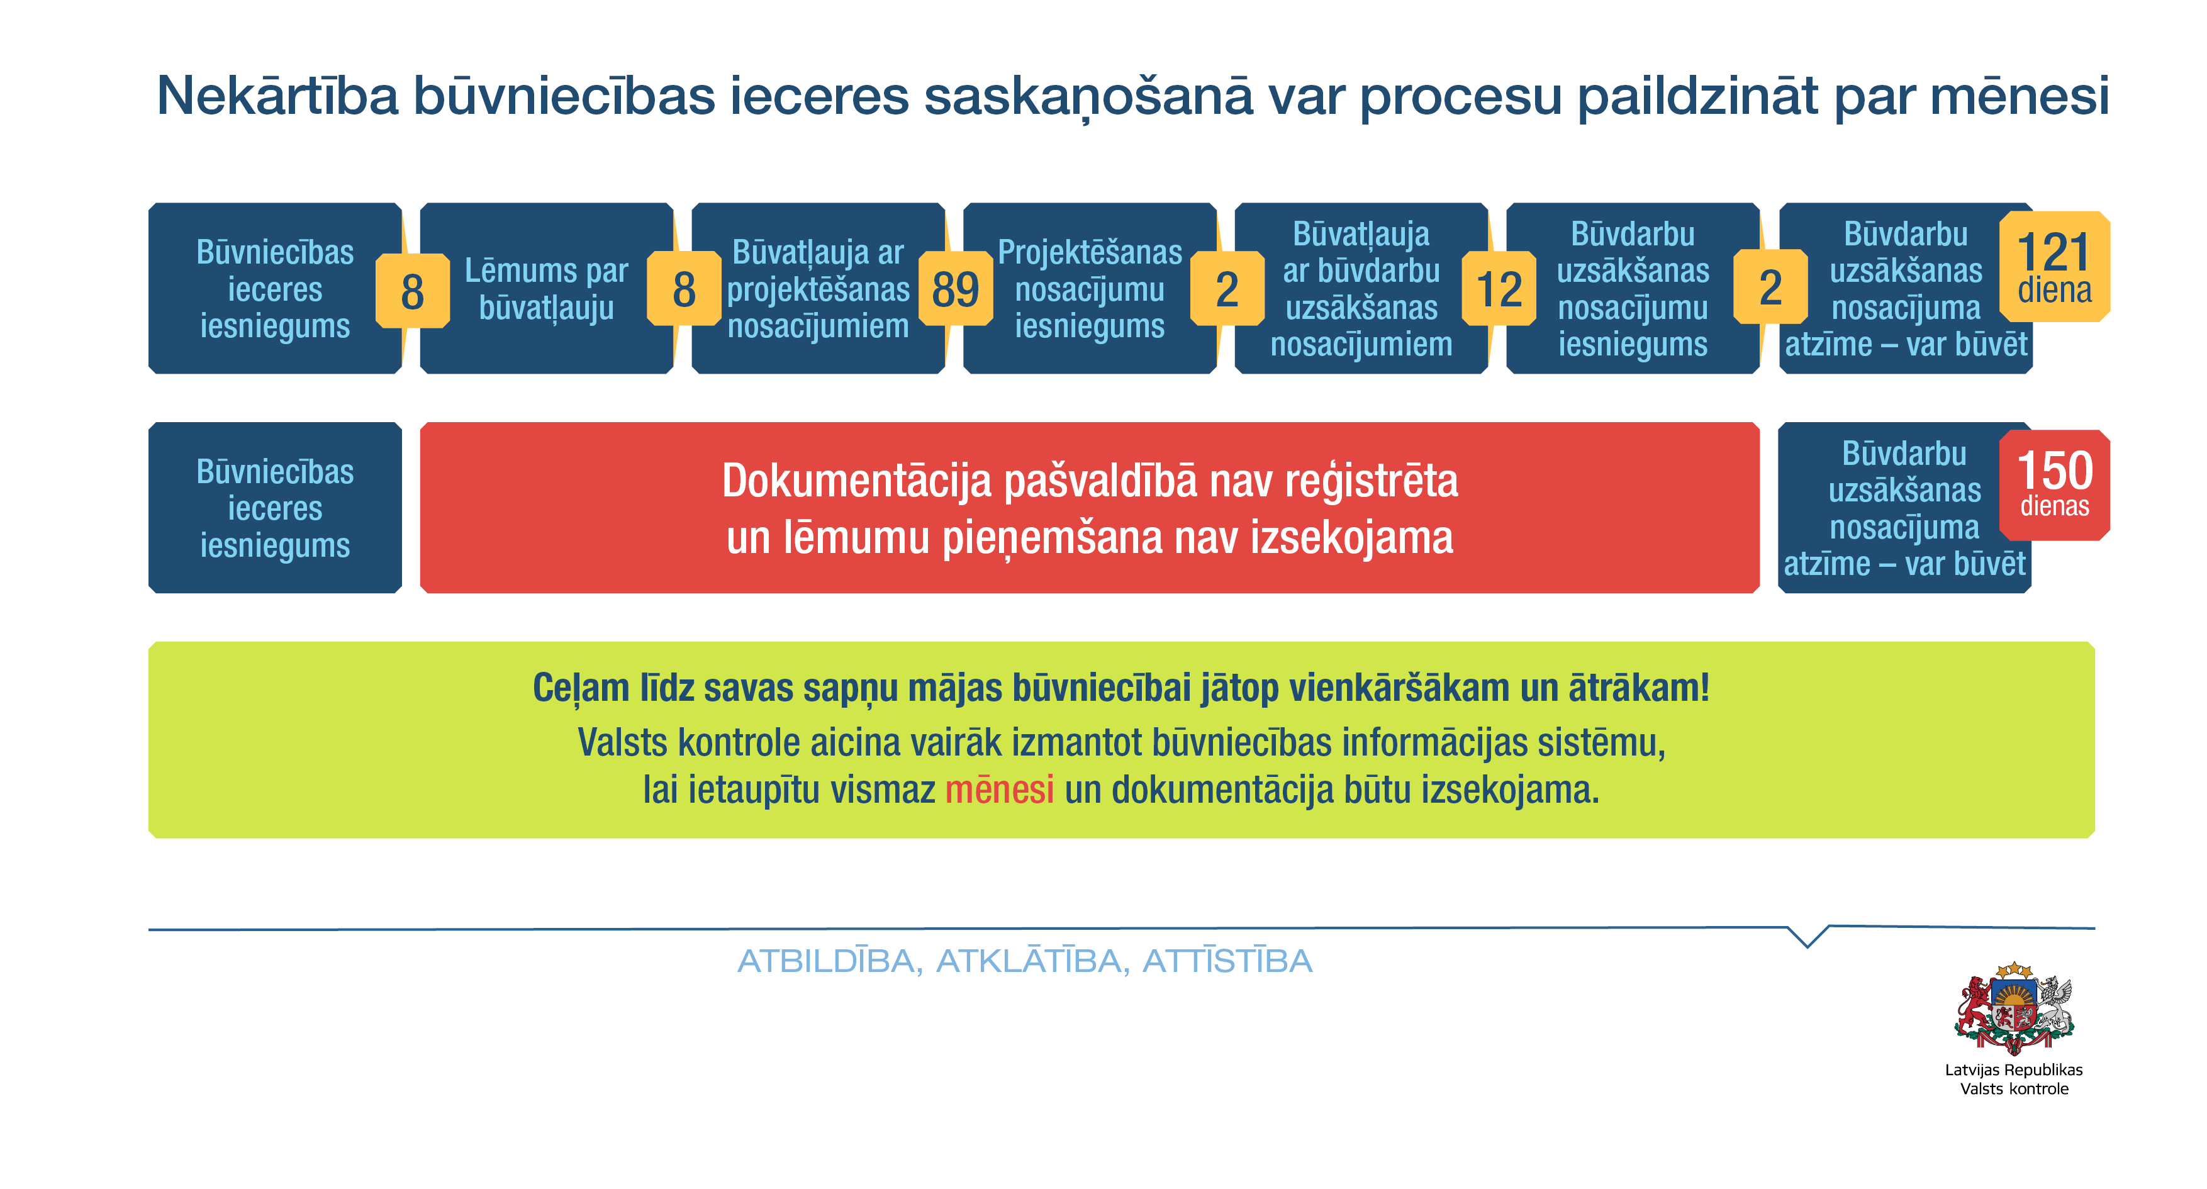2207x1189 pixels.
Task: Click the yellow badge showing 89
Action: [955, 289]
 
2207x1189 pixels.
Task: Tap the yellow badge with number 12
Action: [1499, 289]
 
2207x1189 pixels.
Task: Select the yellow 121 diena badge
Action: [2055, 266]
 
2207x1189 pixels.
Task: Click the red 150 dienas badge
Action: [2055, 485]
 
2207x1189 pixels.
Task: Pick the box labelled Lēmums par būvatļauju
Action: [547, 289]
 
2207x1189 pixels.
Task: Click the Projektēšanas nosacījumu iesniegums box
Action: [1090, 289]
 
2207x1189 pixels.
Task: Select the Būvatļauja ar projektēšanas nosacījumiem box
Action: [819, 289]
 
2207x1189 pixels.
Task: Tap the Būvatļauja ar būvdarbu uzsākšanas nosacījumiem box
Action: [1361, 289]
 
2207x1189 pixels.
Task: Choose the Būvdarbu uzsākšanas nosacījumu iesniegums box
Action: [1633, 289]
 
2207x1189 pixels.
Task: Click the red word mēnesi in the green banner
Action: [999, 790]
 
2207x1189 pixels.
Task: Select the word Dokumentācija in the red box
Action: [857, 481]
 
